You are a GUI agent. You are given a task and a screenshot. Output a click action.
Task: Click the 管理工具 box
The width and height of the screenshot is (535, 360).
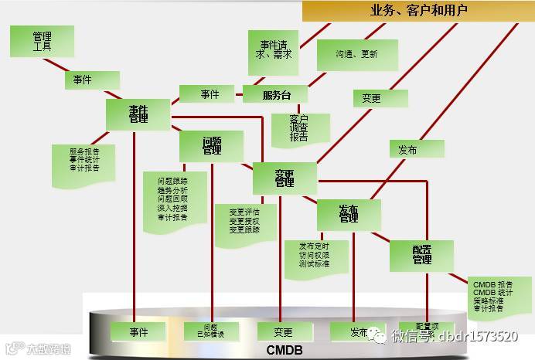[42, 41]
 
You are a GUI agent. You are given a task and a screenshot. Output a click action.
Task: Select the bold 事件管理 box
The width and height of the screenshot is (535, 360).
[138, 115]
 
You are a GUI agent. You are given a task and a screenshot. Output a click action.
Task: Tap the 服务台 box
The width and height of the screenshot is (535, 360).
[275, 95]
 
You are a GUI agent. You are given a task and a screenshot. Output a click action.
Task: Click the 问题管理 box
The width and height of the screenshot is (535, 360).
[211, 146]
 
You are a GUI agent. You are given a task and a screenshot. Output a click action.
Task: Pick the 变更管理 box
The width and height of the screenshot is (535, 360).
[284, 178]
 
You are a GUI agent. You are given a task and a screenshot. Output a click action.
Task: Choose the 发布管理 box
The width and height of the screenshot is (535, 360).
[348, 214]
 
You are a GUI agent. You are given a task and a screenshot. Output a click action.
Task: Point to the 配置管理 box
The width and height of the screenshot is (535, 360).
[421, 255]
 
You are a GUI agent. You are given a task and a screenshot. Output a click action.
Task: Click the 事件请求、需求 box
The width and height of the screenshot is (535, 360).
[274, 49]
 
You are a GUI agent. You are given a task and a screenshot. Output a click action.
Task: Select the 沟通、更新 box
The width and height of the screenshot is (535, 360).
[356, 55]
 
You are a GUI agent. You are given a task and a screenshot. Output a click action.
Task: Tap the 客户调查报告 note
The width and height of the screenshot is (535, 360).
[299, 128]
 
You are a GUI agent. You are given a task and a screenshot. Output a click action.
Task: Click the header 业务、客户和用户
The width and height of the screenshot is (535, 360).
[418, 11]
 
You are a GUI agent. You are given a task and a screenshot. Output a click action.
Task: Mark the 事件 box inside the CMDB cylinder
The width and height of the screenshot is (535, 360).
[138, 332]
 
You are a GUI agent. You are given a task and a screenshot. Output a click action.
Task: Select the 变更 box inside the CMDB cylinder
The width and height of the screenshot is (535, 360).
[283, 332]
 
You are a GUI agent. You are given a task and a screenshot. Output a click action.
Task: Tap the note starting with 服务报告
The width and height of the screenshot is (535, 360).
[83, 159]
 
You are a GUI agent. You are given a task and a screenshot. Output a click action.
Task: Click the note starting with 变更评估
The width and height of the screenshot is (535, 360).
[244, 221]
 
